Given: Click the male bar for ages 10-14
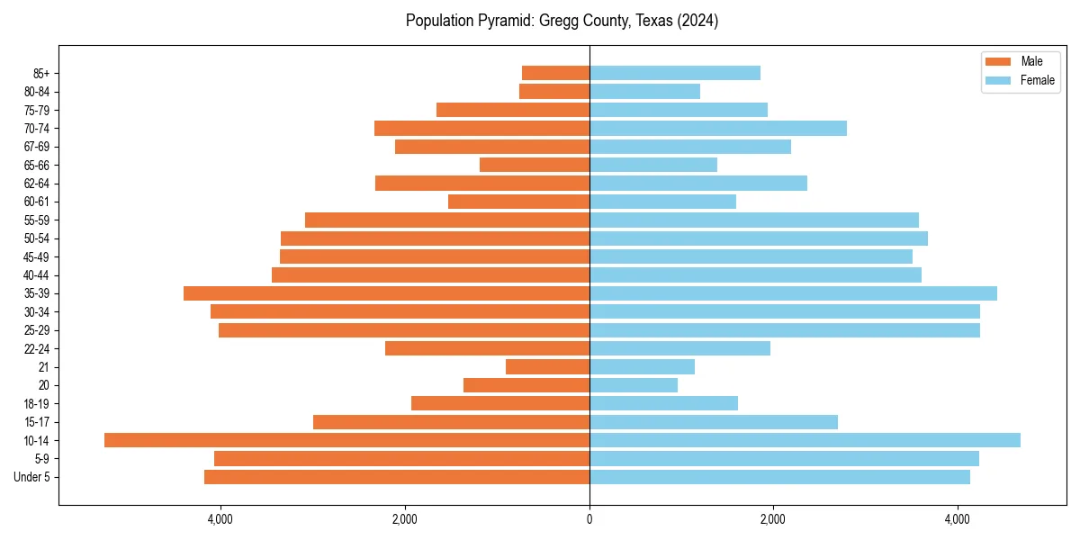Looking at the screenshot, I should click(346, 440).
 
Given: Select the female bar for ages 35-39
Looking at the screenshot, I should click(793, 293).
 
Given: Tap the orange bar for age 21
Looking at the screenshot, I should click(547, 366).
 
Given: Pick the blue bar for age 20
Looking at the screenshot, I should click(634, 385).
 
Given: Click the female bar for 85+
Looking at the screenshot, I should click(675, 73).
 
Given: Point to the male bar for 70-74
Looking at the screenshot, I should click(481, 128).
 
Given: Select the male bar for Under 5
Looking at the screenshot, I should click(397, 477).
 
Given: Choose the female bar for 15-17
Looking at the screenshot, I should click(714, 422).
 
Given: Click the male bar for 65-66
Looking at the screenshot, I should click(535, 165).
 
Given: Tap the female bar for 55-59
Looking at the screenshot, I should click(754, 220).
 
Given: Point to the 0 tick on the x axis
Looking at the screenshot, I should click(589, 519).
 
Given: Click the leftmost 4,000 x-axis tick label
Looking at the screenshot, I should click(220, 519).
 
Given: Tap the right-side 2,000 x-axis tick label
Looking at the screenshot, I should click(773, 519).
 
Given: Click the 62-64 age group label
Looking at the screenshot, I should click(37, 184).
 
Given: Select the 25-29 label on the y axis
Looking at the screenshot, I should click(37, 330).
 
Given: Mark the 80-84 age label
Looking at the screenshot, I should click(37, 92).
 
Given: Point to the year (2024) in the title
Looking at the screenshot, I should click(697, 21).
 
